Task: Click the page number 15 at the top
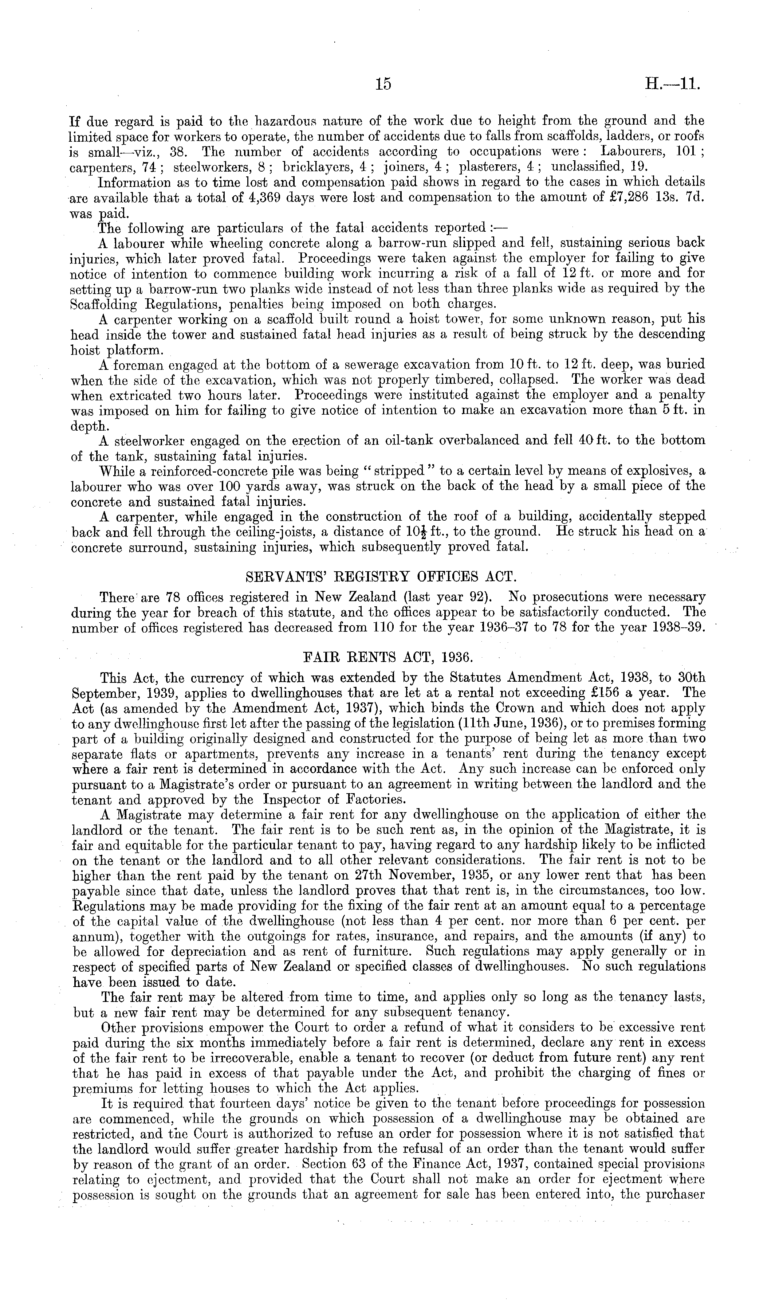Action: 383,84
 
